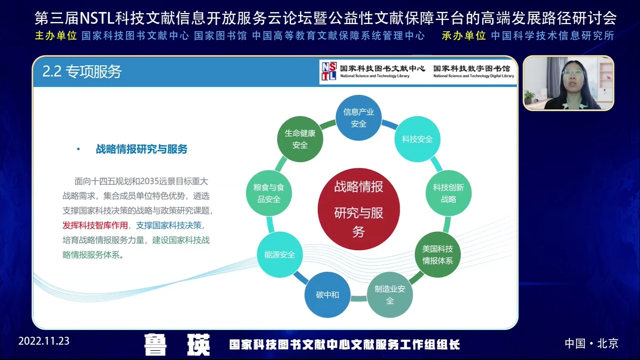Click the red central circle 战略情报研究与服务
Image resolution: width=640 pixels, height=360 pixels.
click(x=358, y=209)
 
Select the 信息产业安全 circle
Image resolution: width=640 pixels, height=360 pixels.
click(x=358, y=118)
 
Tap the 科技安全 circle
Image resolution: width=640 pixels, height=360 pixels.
click(x=417, y=139)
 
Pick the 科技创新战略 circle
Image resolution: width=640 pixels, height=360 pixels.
click(x=448, y=193)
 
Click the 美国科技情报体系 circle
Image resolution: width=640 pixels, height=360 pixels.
click(x=437, y=255)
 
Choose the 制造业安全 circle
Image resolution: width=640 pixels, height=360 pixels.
click(x=390, y=295)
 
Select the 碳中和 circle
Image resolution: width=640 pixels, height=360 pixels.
click(x=327, y=295)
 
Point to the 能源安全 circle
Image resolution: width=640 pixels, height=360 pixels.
click(x=280, y=255)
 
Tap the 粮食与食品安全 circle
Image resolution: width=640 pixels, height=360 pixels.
click(x=269, y=193)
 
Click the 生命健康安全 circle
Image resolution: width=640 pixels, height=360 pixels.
click(x=300, y=139)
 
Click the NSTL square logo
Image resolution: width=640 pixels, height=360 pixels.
click(x=329, y=71)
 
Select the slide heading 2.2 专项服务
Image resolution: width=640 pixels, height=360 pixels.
click(x=82, y=72)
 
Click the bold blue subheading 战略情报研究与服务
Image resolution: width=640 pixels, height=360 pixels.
click(x=142, y=149)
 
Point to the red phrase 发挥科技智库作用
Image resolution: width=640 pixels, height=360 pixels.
click(x=95, y=225)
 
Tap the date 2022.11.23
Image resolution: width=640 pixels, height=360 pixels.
click(x=44, y=341)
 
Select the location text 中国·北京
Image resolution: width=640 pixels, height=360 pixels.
click(x=591, y=343)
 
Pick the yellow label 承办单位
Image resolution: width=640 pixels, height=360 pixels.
click(x=464, y=36)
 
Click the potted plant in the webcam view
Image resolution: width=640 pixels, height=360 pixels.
click(x=529, y=98)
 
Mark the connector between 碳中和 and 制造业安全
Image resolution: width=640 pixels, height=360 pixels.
click(x=359, y=298)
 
